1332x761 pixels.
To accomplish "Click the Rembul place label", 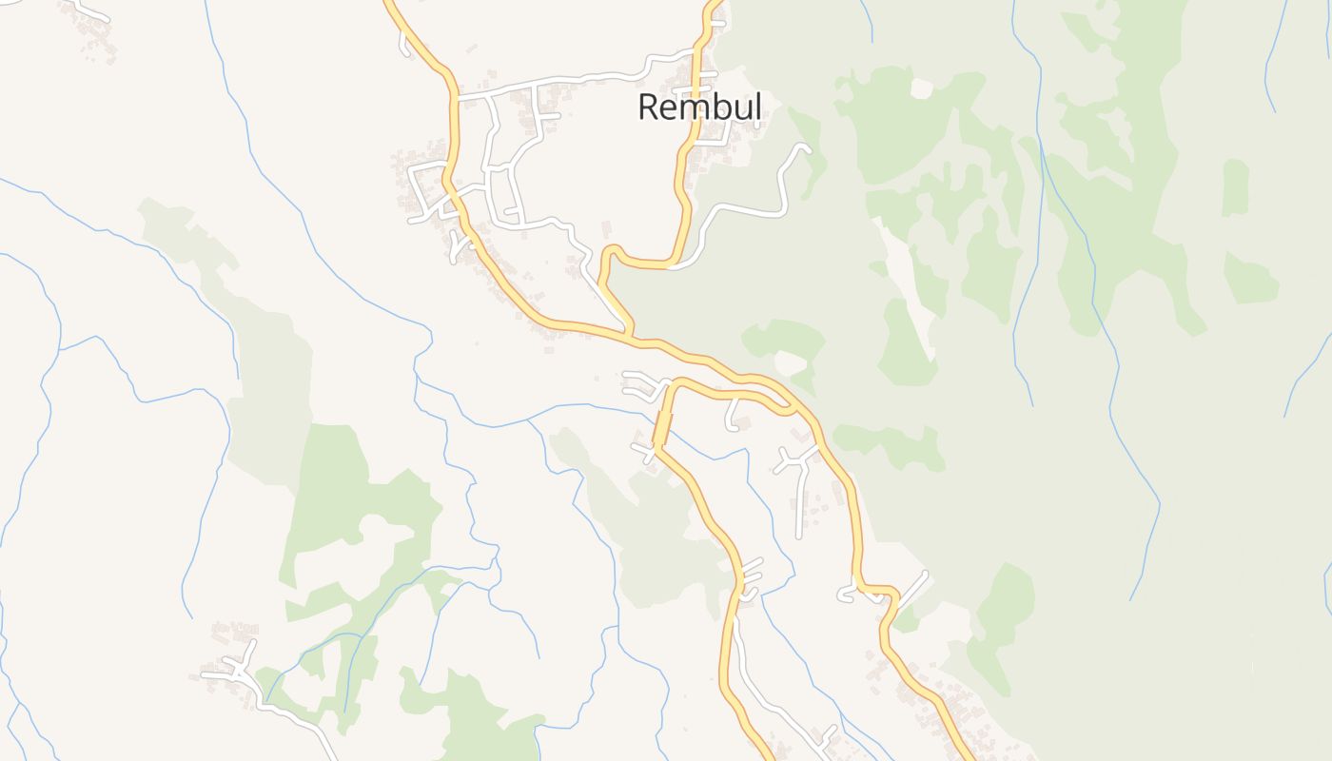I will pos(699,107).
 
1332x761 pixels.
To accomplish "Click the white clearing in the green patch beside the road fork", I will pos(790,362).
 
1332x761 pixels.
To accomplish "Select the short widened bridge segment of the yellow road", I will pos(662,428).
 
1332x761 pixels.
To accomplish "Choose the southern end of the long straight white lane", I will pos(799,537).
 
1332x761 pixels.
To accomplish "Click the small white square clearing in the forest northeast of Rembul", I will pos(921,88).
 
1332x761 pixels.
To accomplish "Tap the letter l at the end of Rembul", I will pos(757,107).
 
